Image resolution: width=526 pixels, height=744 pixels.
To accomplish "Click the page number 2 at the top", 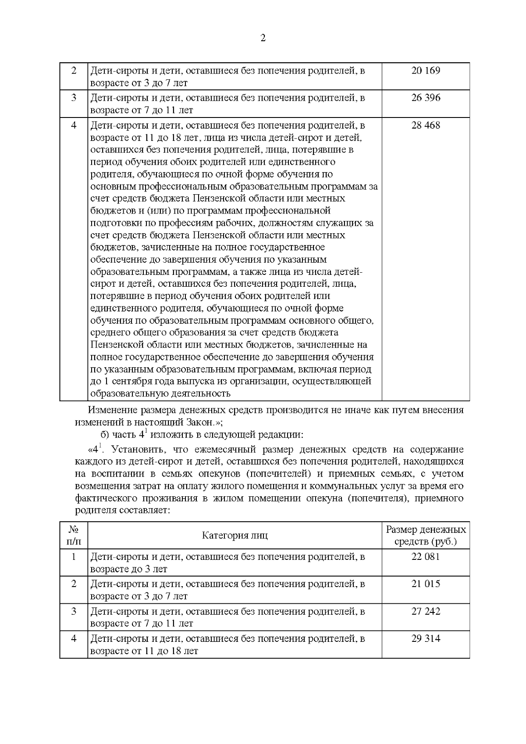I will (x=263, y=39).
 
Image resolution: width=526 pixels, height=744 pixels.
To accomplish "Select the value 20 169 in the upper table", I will (x=426, y=71).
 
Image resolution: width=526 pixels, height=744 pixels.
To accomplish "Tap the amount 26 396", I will (x=426, y=98).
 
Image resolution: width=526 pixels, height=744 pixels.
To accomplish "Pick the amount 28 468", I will (x=426, y=125).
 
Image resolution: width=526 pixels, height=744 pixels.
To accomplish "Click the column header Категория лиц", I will (x=235, y=535).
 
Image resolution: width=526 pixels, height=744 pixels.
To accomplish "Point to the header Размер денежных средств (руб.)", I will (x=426, y=535).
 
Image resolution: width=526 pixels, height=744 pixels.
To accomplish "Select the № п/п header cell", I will (x=74, y=535).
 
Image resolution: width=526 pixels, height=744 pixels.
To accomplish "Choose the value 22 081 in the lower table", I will (x=426, y=557).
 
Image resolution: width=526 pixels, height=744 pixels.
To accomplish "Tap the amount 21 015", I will (x=426, y=584).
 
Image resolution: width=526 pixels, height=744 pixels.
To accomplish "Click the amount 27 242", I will (x=426, y=611).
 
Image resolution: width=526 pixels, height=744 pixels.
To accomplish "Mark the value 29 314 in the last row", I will (x=426, y=639).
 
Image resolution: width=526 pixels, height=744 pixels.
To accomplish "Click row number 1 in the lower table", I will (x=74, y=557).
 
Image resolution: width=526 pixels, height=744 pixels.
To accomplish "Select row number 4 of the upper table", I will (x=74, y=125).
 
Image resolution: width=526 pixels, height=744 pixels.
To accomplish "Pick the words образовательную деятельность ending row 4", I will (x=160, y=393).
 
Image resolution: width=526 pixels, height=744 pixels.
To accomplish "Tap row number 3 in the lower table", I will (x=74, y=611).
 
